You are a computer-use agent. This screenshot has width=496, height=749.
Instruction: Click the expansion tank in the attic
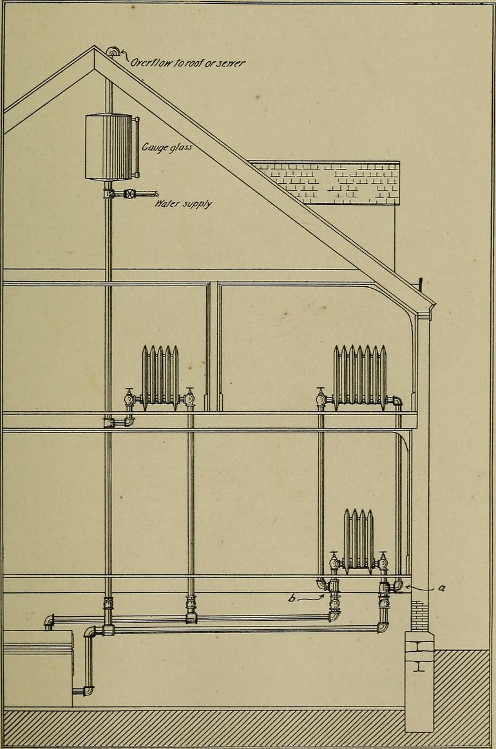108,147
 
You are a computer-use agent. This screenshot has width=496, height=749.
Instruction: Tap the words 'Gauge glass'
167,147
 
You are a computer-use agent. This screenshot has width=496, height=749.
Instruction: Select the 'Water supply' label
183,204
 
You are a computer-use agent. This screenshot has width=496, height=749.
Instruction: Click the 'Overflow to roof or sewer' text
187,63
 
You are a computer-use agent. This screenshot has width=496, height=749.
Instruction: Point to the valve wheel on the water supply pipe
130,194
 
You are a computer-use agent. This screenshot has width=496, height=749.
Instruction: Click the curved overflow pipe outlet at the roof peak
113,52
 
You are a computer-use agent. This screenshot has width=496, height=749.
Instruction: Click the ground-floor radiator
359,541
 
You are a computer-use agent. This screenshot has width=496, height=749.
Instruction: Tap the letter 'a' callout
442,588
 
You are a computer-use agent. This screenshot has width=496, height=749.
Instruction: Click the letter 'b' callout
291,597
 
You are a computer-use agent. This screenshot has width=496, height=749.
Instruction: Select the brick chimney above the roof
326,183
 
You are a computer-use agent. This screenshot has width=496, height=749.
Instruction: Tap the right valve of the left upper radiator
190,398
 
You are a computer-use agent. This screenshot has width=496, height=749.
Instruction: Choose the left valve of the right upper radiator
321,398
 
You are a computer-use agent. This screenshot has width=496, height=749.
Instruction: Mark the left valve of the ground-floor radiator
334,561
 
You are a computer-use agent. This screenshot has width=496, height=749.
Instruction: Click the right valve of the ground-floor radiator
383,561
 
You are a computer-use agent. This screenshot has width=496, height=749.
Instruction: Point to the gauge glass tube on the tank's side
137,147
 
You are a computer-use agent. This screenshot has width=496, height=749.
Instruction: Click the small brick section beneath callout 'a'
419,616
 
